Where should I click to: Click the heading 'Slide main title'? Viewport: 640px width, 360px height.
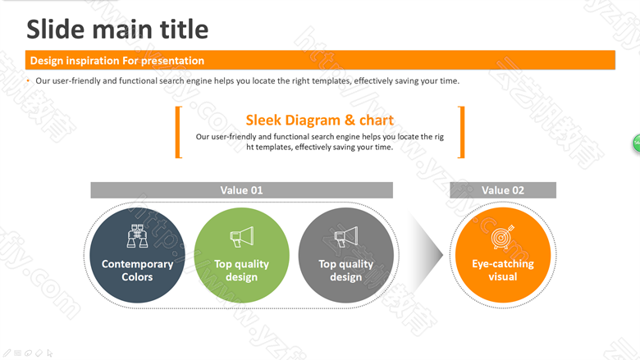pyautogui.click(x=117, y=30)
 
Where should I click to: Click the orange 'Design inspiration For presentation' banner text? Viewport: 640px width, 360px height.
pyautogui.click(x=117, y=61)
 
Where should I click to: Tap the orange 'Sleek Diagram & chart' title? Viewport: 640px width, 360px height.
pyautogui.click(x=320, y=121)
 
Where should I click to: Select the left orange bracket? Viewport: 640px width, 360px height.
pyautogui.click(x=177, y=132)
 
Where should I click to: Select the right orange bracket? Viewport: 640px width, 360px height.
pyautogui.click(x=462, y=132)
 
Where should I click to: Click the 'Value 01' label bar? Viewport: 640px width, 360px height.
pyautogui.click(x=241, y=190)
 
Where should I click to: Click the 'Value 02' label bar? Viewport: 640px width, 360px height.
pyautogui.click(x=503, y=190)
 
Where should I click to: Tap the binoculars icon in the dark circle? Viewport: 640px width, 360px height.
pyautogui.click(x=137, y=235)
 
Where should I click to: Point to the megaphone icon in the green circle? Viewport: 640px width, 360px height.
pyautogui.click(x=241, y=237)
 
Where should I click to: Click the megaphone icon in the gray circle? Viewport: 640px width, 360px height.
pyautogui.click(x=346, y=237)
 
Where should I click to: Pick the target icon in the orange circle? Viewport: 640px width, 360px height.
pyautogui.click(x=502, y=237)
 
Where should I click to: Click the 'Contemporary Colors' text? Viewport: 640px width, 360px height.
pyautogui.click(x=138, y=271)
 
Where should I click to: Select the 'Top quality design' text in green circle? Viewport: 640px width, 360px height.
pyautogui.click(x=241, y=271)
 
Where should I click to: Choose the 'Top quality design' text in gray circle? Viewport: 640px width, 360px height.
pyautogui.click(x=346, y=271)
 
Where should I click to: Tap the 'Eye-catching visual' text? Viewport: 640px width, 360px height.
pyautogui.click(x=503, y=270)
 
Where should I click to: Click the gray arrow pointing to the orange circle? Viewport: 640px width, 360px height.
pyautogui.click(x=427, y=255)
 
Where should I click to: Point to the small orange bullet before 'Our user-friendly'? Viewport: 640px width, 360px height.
pyautogui.click(x=28, y=80)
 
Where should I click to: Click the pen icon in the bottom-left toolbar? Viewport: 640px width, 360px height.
pyautogui.click(x=7, y=353)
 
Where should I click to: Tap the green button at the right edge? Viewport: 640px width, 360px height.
pyautogui.click(x=637, y=144)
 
